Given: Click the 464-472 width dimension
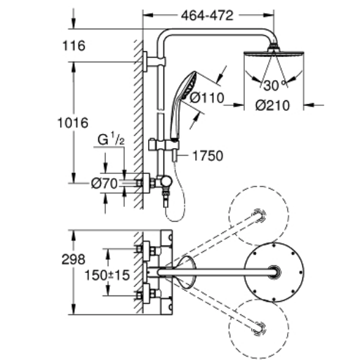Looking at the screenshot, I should pyautogui.click(x=208, y=14).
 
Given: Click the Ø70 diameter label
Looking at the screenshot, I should pyautogui.click(x=104, y=183).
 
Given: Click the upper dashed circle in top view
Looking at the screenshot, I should pyautogui.click(x=260, y=215).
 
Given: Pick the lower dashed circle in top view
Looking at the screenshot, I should pyautogui.click(x=260, y=326).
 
